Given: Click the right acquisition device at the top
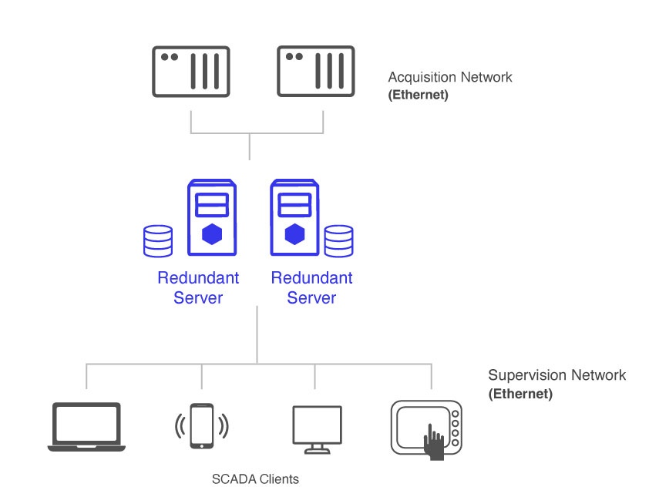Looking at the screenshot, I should (316, 72).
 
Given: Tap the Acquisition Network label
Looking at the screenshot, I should (449, 77).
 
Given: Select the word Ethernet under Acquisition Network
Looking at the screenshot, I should (419, 96).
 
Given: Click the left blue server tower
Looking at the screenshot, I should (212, 218).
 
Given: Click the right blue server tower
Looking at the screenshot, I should (294, 218).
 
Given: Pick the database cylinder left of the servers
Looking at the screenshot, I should (158, 240).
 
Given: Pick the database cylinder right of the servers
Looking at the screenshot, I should (339, 240).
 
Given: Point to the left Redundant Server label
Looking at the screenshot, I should (198, 287).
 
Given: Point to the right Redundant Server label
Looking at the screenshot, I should (311, 287).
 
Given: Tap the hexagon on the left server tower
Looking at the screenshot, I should (212, 234).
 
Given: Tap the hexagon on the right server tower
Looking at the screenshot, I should (294, 234).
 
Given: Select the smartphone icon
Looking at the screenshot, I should (202, 426).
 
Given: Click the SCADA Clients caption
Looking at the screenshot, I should (255, 479).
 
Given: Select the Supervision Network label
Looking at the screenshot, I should (556, 375).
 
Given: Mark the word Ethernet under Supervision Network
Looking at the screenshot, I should (521, 394).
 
